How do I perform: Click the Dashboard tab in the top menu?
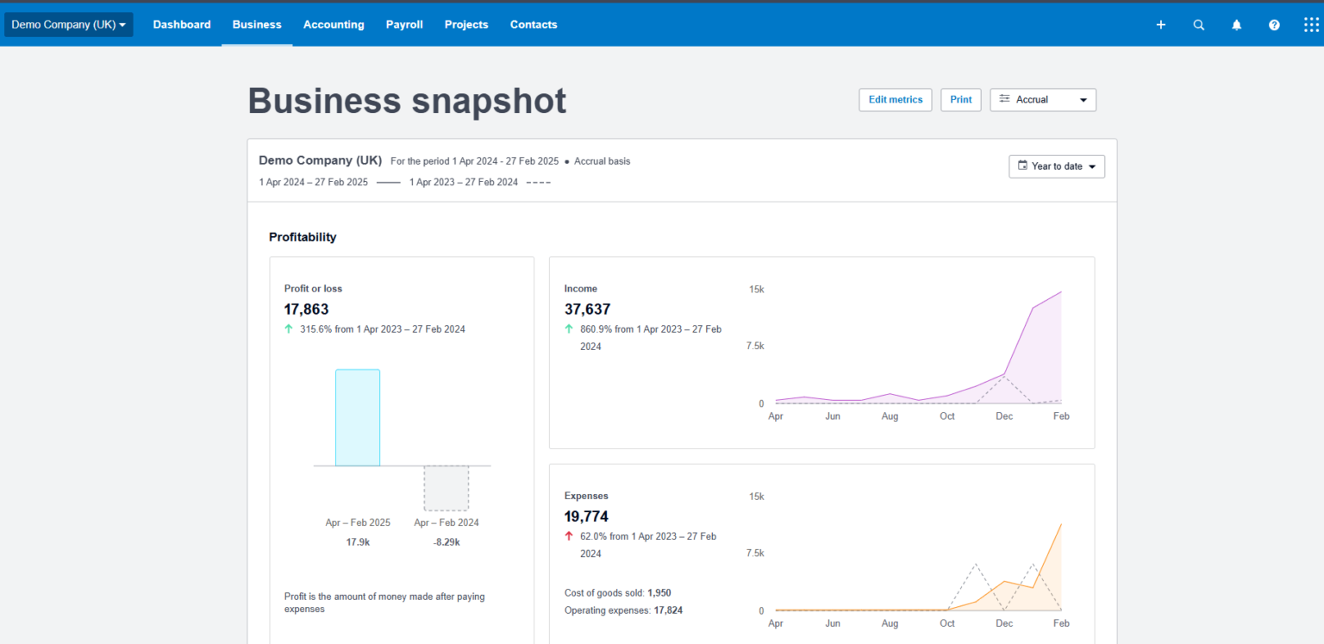point(182,25)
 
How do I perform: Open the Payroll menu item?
point(404,25)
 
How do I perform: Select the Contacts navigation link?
point(534,25)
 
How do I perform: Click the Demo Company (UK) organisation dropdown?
point(69,25)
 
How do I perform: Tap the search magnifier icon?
point(1198,25)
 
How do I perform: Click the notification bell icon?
point(1236,25)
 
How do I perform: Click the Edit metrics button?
point(895,100)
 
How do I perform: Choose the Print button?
point(960,100)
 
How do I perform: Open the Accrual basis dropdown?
point(1043,100)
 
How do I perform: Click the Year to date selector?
point(1057,166)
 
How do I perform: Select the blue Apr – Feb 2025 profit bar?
point(358,418)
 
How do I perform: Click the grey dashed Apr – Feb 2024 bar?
point(446,488)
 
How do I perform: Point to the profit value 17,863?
point(306,309)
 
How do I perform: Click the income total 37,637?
point(587,309)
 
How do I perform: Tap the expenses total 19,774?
point(586,517)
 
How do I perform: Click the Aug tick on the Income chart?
point(890,416)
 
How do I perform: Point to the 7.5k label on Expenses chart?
point(755,553)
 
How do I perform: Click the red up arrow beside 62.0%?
point(569,536)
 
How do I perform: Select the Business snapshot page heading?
point(407,101)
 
